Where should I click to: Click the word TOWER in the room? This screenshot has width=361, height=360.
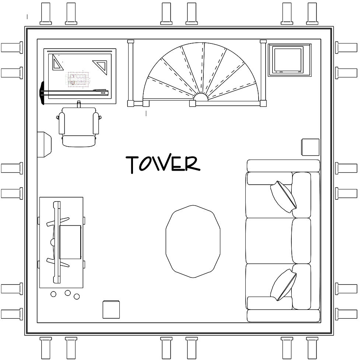163,164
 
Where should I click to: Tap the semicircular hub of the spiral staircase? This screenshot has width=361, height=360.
201,97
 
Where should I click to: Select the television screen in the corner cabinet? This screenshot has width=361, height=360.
287,60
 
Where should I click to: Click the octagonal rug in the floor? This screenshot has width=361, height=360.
193,241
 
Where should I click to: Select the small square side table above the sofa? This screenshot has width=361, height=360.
310,147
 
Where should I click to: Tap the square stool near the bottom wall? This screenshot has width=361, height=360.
111,310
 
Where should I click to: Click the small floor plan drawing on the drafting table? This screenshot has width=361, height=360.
77,79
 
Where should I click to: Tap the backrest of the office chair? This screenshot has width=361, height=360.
78,140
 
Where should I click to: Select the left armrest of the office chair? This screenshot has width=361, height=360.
62,123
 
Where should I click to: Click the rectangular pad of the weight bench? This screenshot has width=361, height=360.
70,242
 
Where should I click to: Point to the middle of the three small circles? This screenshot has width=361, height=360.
67,293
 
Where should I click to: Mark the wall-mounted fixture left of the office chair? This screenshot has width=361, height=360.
44,144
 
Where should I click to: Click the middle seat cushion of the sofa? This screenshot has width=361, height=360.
269,241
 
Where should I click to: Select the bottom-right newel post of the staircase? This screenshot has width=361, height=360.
263,103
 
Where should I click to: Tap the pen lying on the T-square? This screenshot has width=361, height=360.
100,90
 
